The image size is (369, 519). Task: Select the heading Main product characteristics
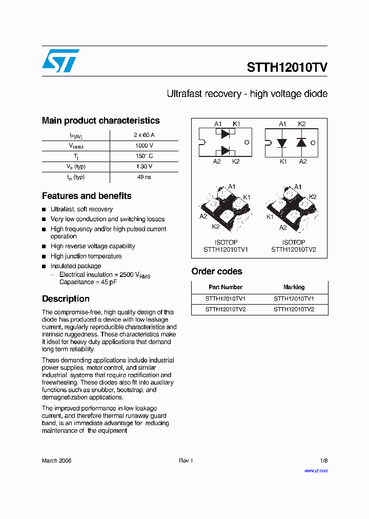pyautogui.click(x=100, y=121)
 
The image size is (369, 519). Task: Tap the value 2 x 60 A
pyautogui.click(x=143, y=135)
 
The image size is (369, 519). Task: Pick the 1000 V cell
pyautogui.click(x=143, y=146)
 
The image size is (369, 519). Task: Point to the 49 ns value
pyautogui.click(x=143, y=177)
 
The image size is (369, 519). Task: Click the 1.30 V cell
pyautogui.click(x=143, y=167)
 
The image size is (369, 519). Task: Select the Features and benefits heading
pyautogui.click(x=87, y=196)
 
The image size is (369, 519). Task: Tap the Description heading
pyautogui.click(x=66, y=299)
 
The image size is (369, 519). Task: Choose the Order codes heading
pyautogui.click(x=217, y=271)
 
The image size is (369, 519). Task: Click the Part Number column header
pyautogui.click(x=225, y=287)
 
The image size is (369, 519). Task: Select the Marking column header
pyautogui.click(x=294, y=287)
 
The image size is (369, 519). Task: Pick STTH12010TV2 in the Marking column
pyautogui.click(x=294, y=309)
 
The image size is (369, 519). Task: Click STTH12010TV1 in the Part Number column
pyautogui.click(x=225, y=298)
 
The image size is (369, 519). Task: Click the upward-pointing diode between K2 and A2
pyautogui.click(x=301, y=142)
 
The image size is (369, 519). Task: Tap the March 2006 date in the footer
pyautogui.click(x=56, y=461)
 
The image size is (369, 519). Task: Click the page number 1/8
pyautogui.click(x=323, y=461)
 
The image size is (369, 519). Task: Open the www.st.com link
pyautogui.click(x=316, y=470)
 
